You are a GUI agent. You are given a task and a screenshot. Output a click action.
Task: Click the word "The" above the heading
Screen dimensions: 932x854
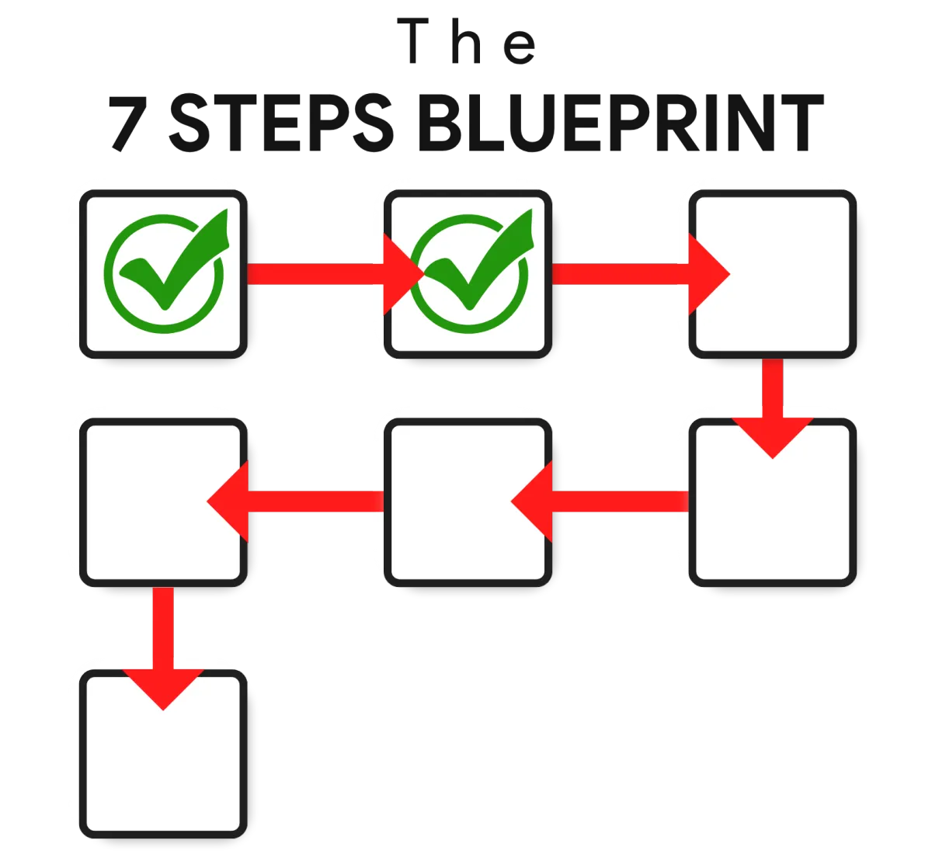point(466,41)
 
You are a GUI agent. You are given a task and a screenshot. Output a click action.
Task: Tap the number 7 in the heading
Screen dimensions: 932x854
point(128,123)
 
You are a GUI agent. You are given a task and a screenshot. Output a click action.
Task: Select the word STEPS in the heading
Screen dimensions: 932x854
point(281,123)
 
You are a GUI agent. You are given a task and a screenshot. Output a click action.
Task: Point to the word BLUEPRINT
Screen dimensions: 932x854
point(621,123)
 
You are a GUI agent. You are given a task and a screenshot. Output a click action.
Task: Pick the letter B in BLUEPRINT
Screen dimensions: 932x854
point(440,123)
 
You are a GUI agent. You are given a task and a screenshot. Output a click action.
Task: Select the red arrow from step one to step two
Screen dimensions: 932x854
point(335,274)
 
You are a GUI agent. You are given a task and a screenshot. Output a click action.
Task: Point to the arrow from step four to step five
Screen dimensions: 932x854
point(600,502)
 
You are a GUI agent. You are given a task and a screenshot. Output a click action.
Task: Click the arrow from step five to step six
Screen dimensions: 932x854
point(295,502)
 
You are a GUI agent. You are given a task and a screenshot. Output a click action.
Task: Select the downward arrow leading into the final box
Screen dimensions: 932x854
point(163,648)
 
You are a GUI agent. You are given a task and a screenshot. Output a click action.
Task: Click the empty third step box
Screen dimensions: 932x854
point(772,274)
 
